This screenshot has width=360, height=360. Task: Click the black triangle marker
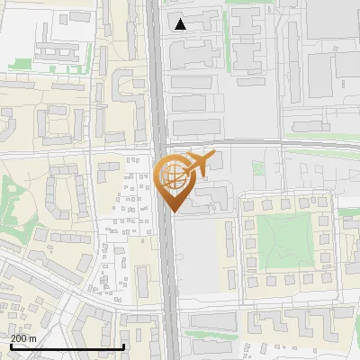point(181,24)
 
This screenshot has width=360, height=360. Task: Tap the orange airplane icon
point(200,165)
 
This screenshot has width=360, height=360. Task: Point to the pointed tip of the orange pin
point(171,211)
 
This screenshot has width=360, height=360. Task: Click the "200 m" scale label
point(23,337)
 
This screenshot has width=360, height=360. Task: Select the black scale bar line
point(67,346)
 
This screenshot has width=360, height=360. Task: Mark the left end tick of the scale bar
point(11,344)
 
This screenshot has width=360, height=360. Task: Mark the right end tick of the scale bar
point(123,344)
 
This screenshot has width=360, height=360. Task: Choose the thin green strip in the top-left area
point(20,64)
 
